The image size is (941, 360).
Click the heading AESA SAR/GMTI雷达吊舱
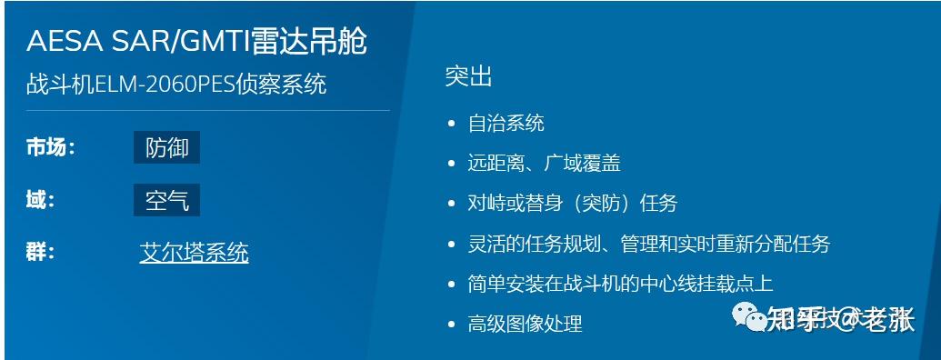pos(197,42)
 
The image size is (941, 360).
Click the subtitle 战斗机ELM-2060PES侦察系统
pos(176,85)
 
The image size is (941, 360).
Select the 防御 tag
pos(166,147)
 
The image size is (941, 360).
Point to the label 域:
pos(41,200)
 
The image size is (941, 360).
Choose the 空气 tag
pos(166,200)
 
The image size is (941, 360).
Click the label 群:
pos(41,252)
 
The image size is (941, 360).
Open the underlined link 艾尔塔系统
pos(194,253)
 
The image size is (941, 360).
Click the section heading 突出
pos(468,77)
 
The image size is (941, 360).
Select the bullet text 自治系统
pos(506,123)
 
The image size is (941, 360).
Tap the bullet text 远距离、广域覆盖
pos(544,164)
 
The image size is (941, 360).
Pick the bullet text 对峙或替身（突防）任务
pos(572,204)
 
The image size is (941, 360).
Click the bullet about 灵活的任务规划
pos(648,244)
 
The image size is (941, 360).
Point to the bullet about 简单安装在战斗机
pos(620,284)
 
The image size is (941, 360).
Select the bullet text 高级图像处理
pos(525,324)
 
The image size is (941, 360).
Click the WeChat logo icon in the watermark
pos(751,317)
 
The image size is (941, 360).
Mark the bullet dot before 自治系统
pos(453,124)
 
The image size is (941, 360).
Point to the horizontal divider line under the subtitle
pos(208,111)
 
